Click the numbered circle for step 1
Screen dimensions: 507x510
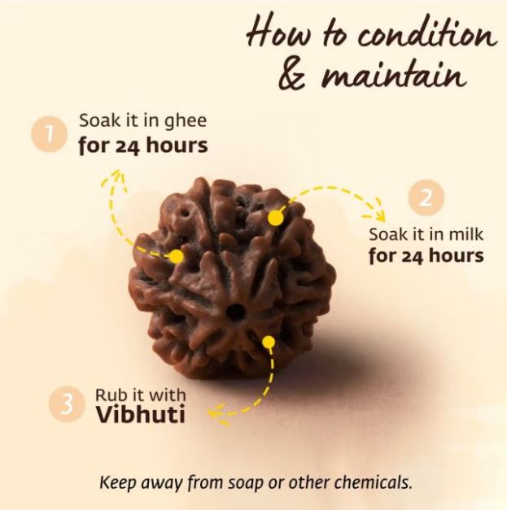click(50, 134)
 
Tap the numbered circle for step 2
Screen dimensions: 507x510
click(426, 198)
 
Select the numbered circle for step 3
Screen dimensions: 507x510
click(67, 404)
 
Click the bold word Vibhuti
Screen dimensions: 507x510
click(140, 414)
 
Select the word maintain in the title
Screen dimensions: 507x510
click(393, 76)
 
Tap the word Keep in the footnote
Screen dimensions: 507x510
click(117, 482)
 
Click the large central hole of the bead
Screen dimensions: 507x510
click(235, 312)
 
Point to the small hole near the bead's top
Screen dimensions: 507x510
click(186, 214)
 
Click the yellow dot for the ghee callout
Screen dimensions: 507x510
click(177, 256)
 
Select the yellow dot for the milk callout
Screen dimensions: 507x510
click(276, 218)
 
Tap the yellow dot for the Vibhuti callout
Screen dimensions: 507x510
click(269, 342)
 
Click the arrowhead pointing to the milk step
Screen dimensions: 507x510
click(378, 210)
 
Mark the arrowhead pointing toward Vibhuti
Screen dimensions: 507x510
click(218, 415)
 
